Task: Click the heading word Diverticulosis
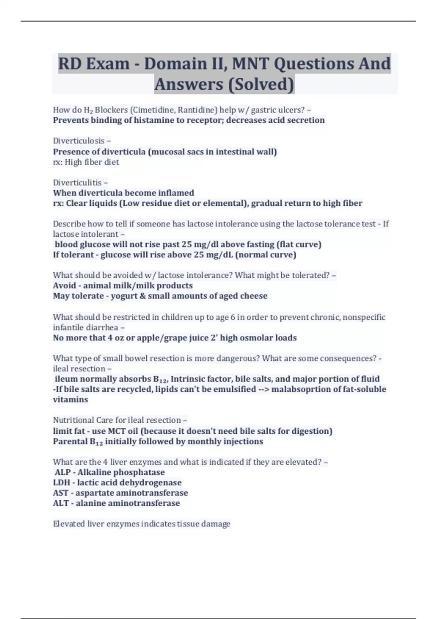(x=79, y=141)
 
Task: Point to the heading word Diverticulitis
(x=77, y=182)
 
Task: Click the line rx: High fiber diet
(x=86, y=162)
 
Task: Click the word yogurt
(x=123, y=296)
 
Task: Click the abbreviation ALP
(x=63, y=472)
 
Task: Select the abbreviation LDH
(x=62, y=482)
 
